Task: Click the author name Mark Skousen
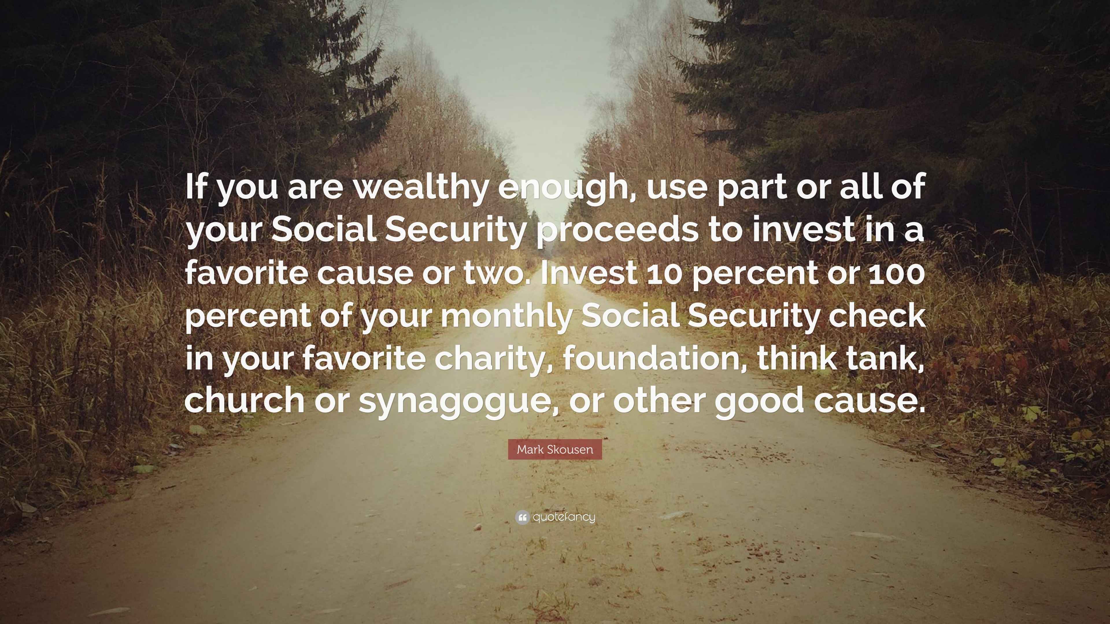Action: pyautogui.click(x=555, y=450)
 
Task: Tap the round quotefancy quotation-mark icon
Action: pyautogui.click(x=522, y=517)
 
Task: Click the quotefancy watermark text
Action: pyautogui.click(x=564, y=517)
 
